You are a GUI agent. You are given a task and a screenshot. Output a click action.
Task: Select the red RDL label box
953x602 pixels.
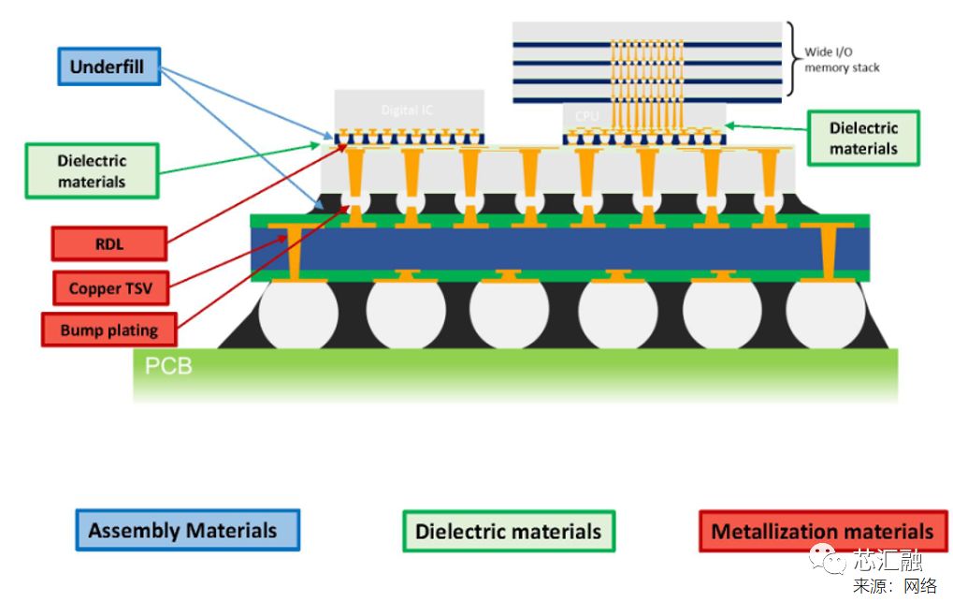tap(109, 244)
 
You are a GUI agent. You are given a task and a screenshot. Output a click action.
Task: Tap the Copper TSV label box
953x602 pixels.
tap(109, 288)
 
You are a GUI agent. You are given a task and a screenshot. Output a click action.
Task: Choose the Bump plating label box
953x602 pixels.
tap(109, 330)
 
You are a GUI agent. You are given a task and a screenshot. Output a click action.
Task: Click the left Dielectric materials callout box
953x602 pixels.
tap(92, 170)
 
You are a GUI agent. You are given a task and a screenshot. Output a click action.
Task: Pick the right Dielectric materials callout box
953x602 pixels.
tap(862, 139)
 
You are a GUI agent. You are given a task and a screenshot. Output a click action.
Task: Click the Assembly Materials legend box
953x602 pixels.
tap(186, 531)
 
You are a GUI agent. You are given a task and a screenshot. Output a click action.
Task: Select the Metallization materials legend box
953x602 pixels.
tap(822, 531)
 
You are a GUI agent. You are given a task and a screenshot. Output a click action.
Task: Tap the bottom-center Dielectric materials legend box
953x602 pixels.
tap(508, 531)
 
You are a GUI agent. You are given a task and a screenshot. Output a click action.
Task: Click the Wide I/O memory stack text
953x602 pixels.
tap(842, 60)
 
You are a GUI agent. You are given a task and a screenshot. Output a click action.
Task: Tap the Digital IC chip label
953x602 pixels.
tap(407, 110)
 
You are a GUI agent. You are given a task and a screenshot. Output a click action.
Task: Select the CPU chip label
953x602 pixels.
tap(586, 116)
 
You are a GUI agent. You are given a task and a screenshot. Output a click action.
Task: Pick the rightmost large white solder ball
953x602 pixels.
tap(826, 313)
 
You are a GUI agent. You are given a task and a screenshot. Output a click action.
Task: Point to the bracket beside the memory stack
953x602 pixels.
tap(792, 58)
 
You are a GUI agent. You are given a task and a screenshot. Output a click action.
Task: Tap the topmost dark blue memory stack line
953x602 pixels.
tap(646, 44)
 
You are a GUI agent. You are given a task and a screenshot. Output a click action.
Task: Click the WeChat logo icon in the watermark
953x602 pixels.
tap(827, 558)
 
